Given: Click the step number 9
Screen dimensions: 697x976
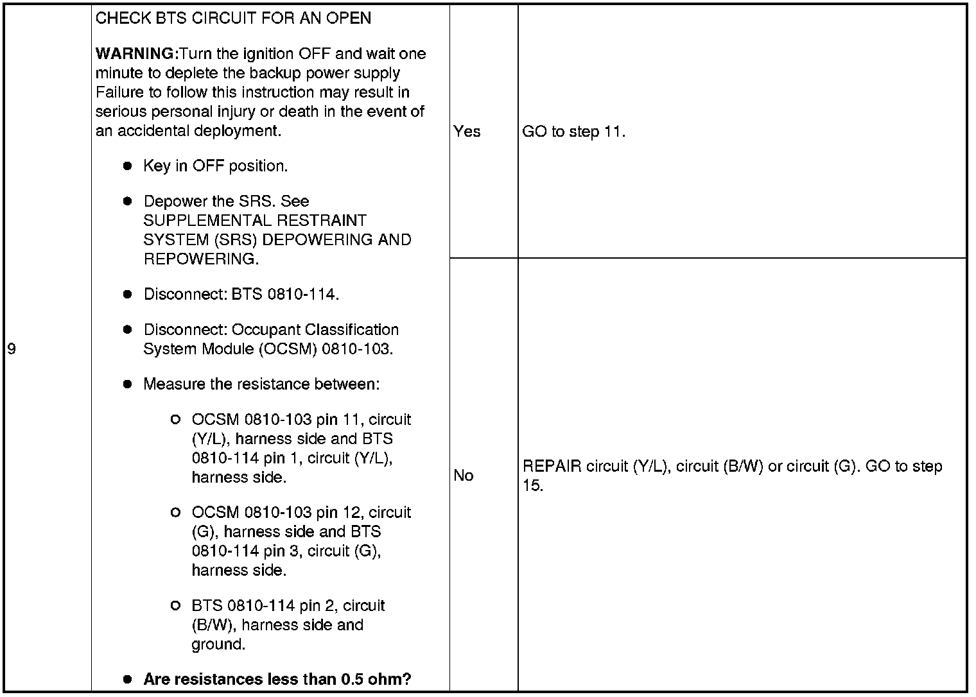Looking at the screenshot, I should [11, 349].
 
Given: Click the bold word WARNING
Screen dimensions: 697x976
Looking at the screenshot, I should [135, 54].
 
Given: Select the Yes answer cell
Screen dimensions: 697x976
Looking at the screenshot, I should [467, 132].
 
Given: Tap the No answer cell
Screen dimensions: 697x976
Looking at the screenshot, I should [464, 476].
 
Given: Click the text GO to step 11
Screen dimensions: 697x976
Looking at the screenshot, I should [573, 132].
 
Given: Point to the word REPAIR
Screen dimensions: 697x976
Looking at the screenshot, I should [547, 467].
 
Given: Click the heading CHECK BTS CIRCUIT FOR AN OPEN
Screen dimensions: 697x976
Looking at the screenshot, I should [233, 18].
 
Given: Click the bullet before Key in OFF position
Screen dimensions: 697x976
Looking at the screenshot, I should [127, 166].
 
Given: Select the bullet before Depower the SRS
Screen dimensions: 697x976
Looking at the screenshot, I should [127, 202].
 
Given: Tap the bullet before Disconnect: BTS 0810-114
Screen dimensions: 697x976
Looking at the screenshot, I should [127, 295].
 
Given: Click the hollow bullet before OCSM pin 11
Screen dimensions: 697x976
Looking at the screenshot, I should [175, 420].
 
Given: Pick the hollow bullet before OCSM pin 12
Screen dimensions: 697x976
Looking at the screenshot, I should [175, 513].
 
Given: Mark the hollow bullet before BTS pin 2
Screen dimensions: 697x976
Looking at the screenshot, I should [175, 606].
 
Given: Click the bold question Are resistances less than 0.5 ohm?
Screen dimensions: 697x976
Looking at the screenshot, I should [277, 679].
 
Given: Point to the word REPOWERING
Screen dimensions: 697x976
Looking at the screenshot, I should [200, 259].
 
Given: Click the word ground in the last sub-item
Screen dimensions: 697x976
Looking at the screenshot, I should [218, 644].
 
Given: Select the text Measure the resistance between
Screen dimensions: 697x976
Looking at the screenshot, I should [261, 384].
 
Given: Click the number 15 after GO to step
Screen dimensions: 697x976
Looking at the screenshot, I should [532, 486].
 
